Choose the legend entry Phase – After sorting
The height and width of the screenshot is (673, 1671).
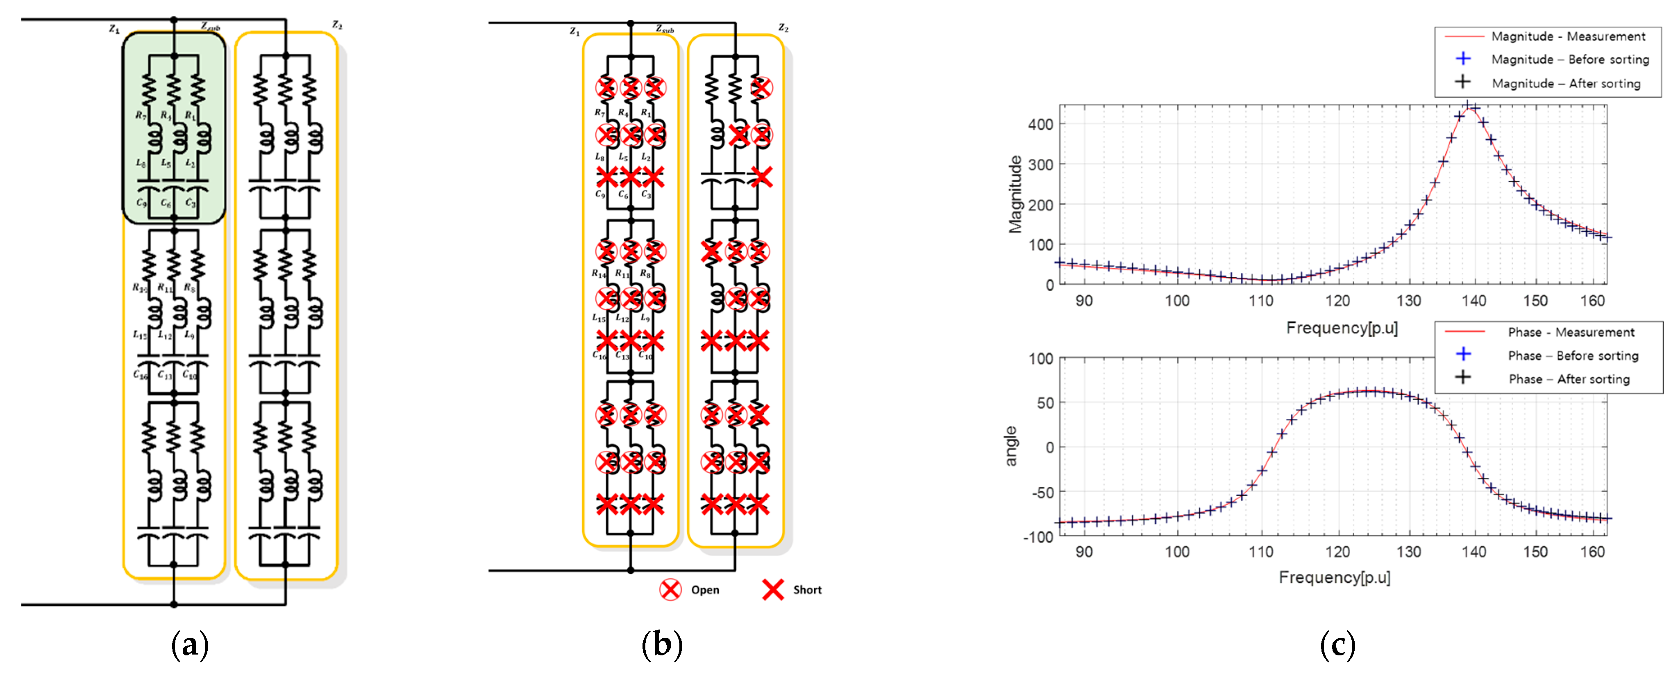point(1569,379)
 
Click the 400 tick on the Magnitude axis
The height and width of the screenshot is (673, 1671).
point(1040,124)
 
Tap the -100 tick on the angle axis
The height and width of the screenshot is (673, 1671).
point(1038,537)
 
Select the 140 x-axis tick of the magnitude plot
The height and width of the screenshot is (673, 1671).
point(1474,301)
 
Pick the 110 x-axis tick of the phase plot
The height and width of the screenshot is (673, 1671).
point(1261,552)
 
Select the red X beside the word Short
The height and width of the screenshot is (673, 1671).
point(772,589)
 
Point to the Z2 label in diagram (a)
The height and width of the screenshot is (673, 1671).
point(337,25)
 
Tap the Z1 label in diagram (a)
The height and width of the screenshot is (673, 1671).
point(114,29)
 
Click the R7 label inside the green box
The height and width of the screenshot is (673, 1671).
point(141,116)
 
